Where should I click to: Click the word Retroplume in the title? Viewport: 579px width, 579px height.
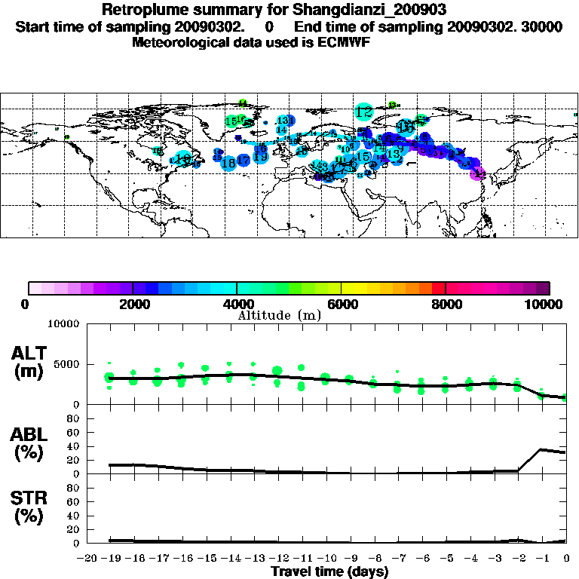[x=144, y=11]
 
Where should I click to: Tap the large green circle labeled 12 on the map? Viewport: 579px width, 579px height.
[x=363, y=112]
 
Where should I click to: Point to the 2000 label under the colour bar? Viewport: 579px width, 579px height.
[x=132, y=304]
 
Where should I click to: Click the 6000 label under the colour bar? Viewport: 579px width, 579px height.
[x=342, y=304]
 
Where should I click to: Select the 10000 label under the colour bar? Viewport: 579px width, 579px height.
[x=545, y=304]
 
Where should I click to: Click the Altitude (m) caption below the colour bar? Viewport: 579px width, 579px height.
[x=279, y=315]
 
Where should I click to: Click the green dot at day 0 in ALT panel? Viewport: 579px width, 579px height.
[x=566, y=397]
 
